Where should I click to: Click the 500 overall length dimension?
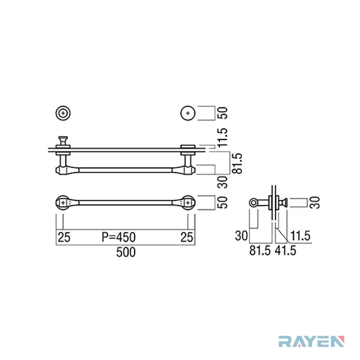[126, 252]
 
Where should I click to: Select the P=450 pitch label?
[118, 237]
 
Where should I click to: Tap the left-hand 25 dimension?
[64, 237]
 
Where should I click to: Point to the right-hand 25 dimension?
[186, 237]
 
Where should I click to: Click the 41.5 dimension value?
[286, 251]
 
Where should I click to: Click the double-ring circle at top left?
[63, 113]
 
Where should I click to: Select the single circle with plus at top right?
[188, 113]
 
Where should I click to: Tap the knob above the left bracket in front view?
[63, 141]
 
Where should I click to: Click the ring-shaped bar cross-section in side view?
[254, 203]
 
